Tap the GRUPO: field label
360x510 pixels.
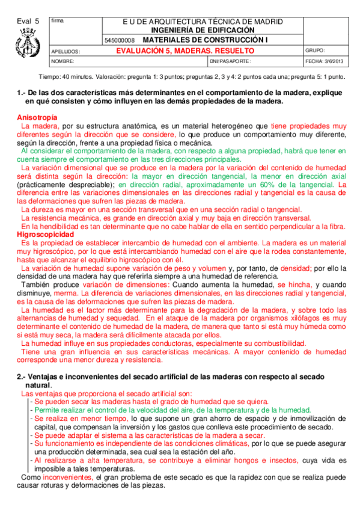click(x=316, y=51)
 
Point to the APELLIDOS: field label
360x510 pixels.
click(x=64, y=52)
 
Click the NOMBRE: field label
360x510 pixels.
click(x=63, y=61)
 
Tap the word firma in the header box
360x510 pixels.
click(x=58, y=21)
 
